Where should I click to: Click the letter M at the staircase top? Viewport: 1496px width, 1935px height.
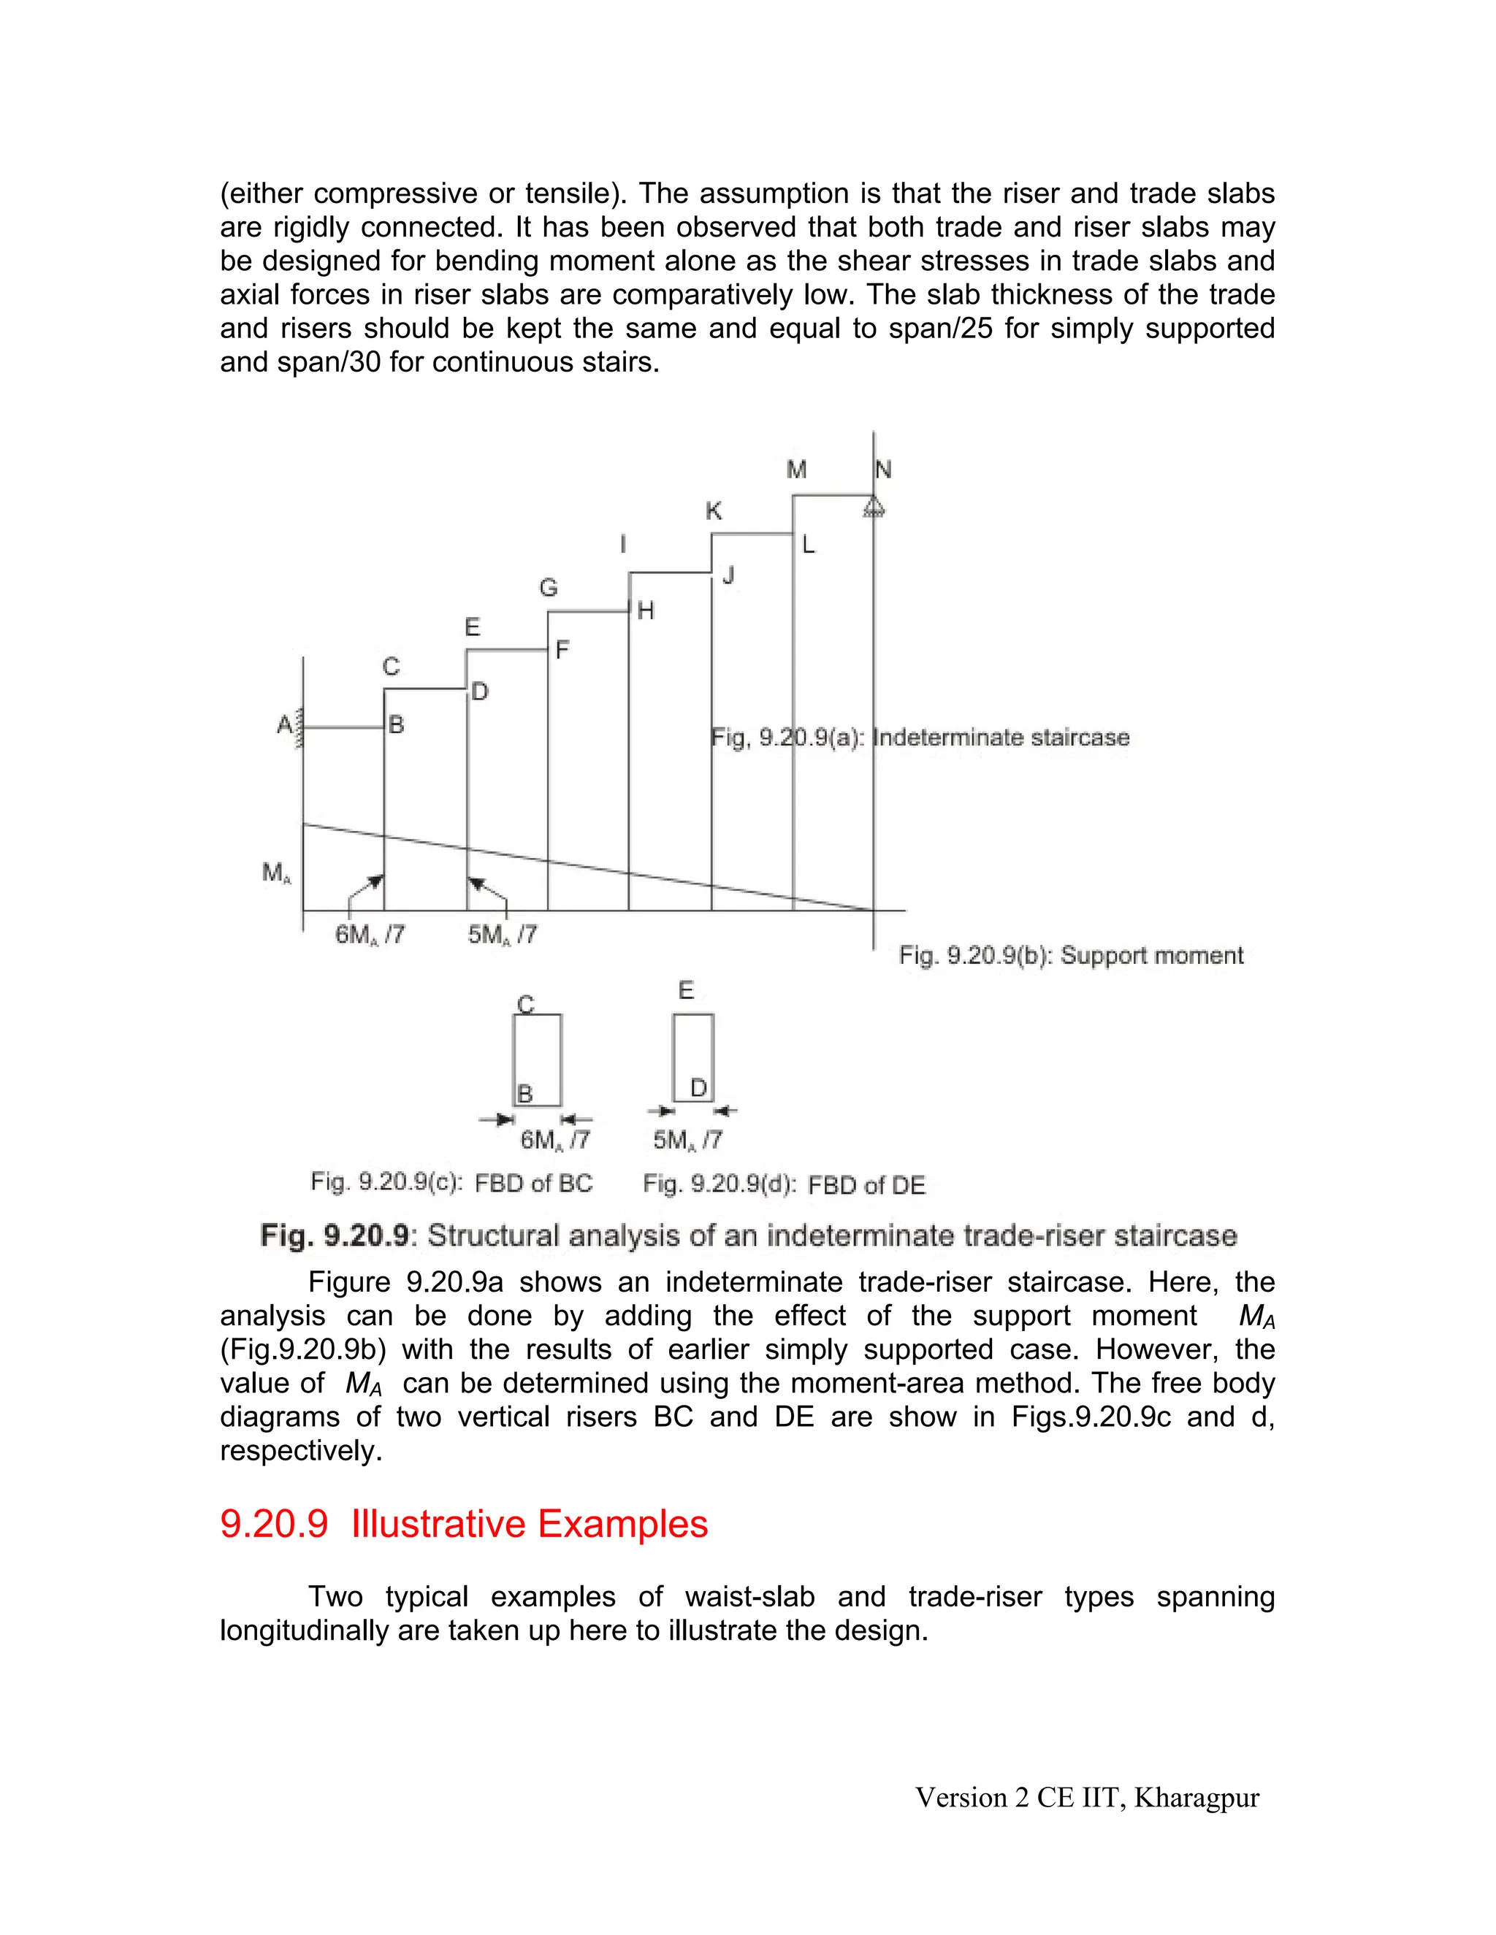point(797,470)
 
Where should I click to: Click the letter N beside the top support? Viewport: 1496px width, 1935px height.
point(884,470)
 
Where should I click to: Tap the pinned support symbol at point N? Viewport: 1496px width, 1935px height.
point(874,507)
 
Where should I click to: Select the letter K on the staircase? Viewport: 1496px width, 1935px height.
point(714,511)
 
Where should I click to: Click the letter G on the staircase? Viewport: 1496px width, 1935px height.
point(549,589)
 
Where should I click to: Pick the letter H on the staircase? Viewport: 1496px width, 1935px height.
point(645,610)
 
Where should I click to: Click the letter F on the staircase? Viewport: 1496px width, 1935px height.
point(562,651)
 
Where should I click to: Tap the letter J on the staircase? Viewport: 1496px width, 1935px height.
point(728,576)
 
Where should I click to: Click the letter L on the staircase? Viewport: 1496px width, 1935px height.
point(809,545)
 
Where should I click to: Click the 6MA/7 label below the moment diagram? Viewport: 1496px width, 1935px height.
point(370,935)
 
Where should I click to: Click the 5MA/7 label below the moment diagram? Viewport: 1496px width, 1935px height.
point(503,935)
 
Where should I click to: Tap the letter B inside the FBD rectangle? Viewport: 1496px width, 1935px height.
point(524,1095)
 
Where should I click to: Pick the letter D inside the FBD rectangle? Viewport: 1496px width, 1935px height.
point(698,1088)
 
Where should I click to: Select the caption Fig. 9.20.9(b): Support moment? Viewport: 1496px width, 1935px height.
point(1071,955)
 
